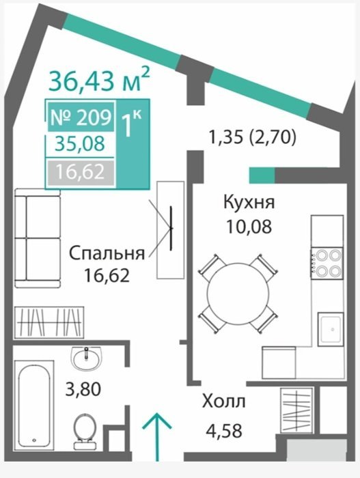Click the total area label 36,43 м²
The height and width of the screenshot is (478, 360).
pos(99,80)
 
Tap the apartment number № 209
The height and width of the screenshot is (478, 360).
pos(81,117)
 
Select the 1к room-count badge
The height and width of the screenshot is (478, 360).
pos(131,123)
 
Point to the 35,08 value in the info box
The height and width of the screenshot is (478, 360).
pos(80,143)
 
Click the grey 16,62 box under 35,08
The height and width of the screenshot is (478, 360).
pos(81,172)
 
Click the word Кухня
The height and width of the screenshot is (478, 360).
pos(249,202)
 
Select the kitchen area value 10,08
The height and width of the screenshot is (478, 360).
pos(249,226)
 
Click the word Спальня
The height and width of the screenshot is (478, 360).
pos(107,253)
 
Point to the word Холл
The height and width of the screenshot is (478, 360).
pos(223,402)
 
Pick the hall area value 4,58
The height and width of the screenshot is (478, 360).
pos(224,430)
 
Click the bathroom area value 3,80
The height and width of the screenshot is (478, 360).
pos(83,389)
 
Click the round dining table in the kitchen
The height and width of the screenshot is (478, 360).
pos(238,294)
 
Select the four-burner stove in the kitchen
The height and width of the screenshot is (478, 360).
pos(327,264)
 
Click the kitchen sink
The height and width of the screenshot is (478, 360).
pos(331,329)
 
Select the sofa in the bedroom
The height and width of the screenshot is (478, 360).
pos(37,238)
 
